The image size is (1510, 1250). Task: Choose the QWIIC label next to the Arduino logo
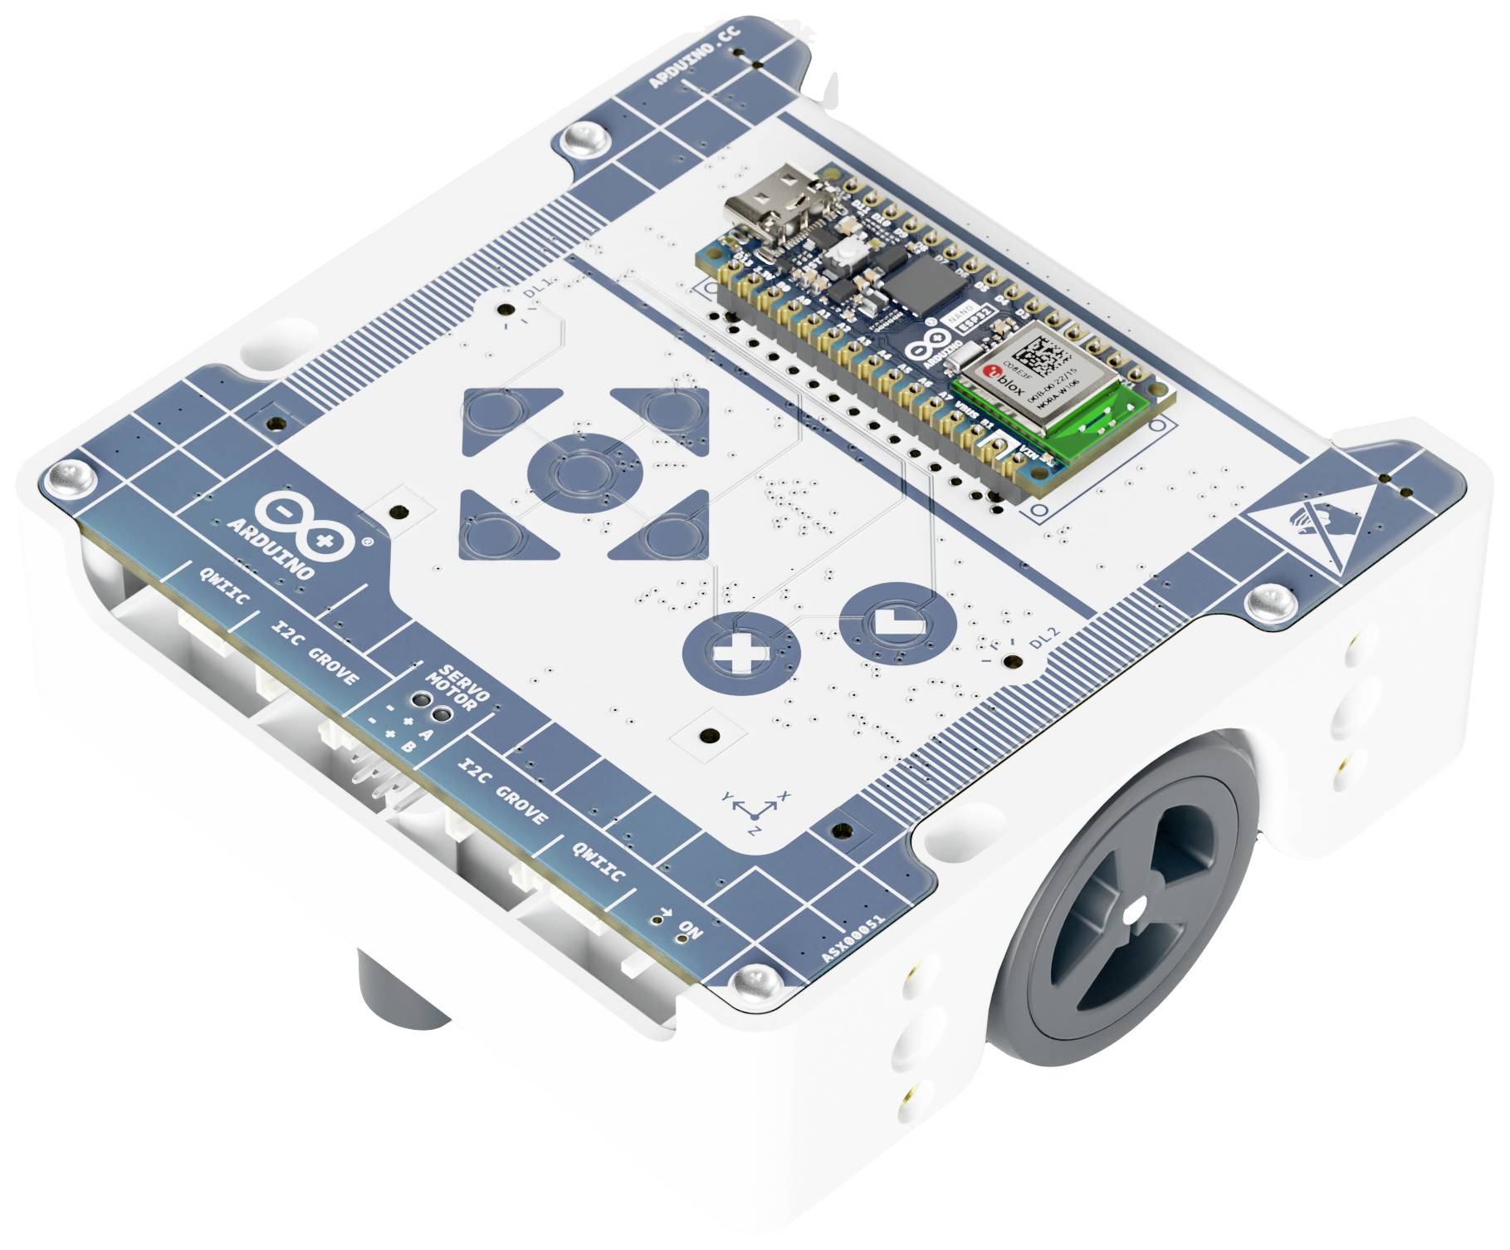click(224, 586)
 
